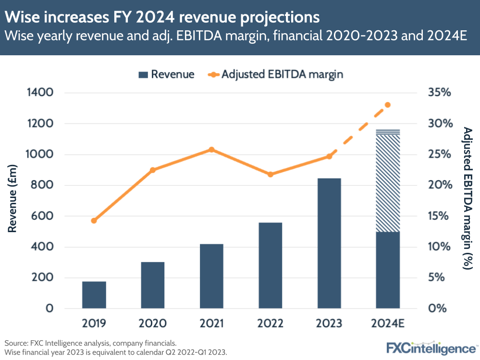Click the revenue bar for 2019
click(94, 295)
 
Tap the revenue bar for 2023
click(329, 243)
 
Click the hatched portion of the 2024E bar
click(388, 183)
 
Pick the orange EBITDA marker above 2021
click(211, 149)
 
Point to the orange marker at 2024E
click(388, 105)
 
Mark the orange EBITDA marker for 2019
click(94, 221)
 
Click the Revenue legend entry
click(166, 74)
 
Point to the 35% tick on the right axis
click(439, 93)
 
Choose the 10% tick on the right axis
click(439, 247)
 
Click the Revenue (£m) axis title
click(12, 199)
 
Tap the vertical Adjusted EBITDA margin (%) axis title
click(467, 198)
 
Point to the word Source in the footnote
click(16, 343)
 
